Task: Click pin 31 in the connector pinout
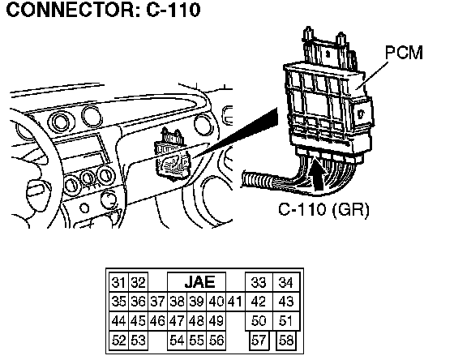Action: point(118,282)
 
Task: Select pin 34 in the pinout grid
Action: point(286,282)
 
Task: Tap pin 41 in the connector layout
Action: point(235,302)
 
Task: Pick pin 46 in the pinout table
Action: point(157,321)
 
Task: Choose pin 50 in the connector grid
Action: point(259,321)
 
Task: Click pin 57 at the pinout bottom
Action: point(259,341)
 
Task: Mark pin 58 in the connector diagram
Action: point(286,341)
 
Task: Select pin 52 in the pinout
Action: point(118,341)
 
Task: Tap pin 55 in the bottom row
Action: point(196,341)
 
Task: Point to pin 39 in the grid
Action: point(196,302)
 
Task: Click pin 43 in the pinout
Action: point(286,302)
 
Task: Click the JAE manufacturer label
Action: point(199,282)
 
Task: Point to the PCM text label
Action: point(404,53)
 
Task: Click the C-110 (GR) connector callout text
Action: point(323,209)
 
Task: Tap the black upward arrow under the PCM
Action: point(319,174)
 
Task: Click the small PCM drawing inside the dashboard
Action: point(172,155)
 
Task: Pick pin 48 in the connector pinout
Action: point(196,321)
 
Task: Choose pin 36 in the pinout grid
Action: point(138,302)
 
